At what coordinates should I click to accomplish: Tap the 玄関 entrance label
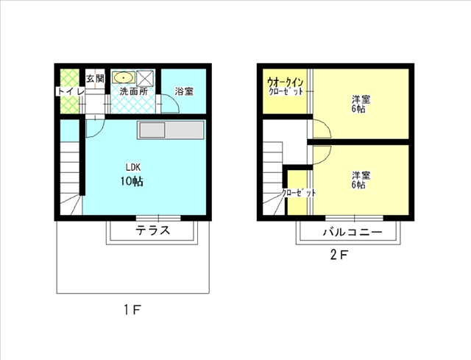coord(95,77)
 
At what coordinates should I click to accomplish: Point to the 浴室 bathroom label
coord(184,91)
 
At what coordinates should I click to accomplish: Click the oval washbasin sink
coord(123,77)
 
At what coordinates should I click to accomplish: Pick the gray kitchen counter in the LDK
coord(170,130)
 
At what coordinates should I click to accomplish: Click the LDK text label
coord(132,166)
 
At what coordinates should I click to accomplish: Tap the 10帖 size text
coord(132,181)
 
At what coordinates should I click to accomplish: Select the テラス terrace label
coord(153,230)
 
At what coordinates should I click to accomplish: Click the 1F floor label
coord(132,311)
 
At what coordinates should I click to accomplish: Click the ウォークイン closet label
coord(286,81)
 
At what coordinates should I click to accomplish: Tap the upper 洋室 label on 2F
coord(360,99)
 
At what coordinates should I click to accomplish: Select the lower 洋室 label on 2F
coord(360,176)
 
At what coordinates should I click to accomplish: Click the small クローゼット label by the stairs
coord(299,193)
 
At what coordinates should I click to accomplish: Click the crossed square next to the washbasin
coord(145,77)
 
